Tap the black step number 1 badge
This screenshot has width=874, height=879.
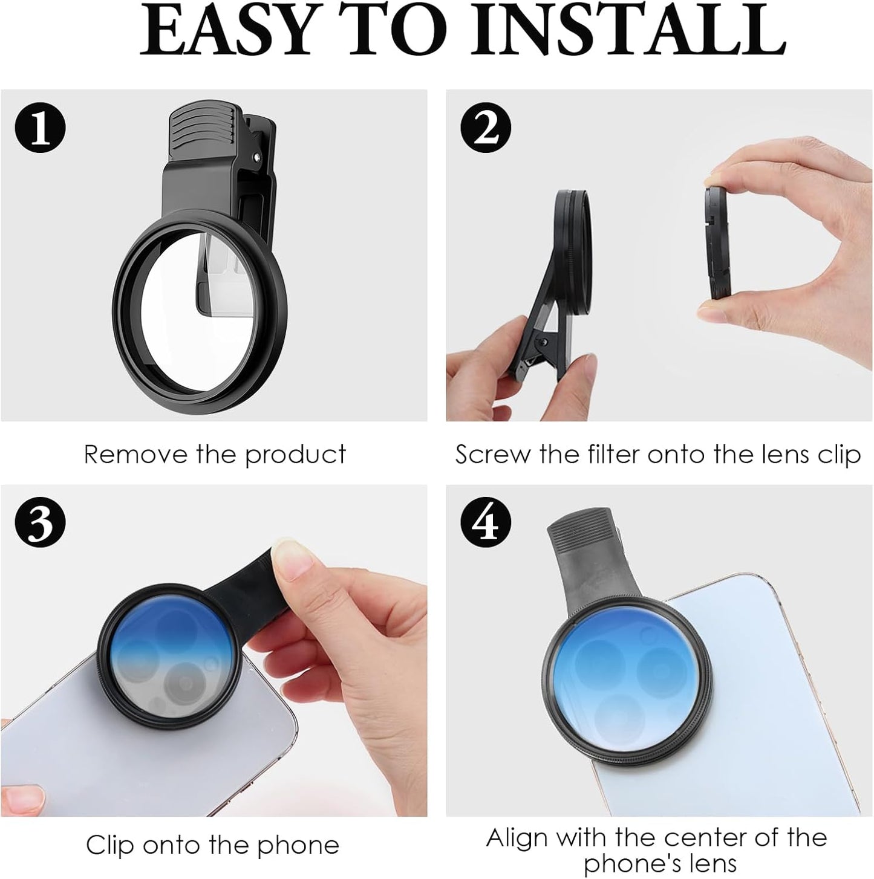pyautogui.click(x=40, y=128)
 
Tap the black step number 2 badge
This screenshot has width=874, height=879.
pyautogui.click(x=486, y=128)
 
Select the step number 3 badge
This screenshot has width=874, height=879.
pyautogui.click(x=40, y=522)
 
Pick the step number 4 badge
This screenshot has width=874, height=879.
pyautogui.click(x=486, y=522)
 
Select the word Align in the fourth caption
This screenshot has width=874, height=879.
pyautogui.click(x=518, y=838)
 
